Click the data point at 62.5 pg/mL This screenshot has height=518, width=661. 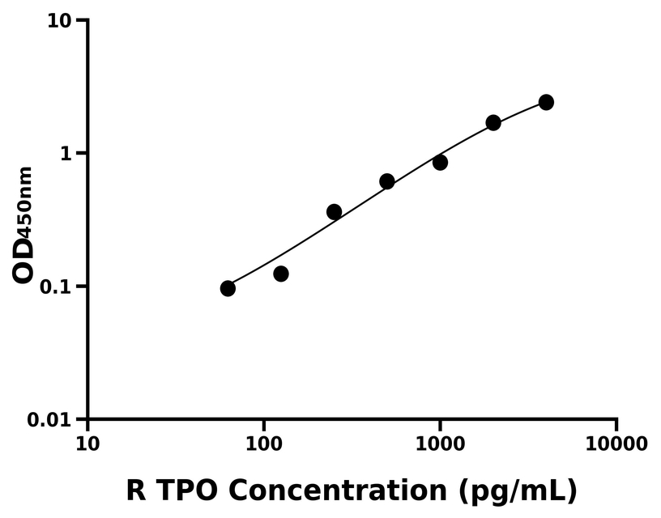228,288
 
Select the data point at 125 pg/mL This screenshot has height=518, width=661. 281,274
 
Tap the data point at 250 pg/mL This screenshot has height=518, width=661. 334,212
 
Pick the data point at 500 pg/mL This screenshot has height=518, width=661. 387,181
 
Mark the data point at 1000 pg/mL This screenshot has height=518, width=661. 440,162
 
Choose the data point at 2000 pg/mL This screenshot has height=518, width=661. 493,123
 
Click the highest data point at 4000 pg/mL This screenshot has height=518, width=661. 546,102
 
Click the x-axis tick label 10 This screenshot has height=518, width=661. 87,444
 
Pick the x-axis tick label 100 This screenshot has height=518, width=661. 263,444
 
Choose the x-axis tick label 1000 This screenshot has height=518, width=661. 440,444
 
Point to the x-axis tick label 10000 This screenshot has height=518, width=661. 616,444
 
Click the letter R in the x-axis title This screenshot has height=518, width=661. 136,490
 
